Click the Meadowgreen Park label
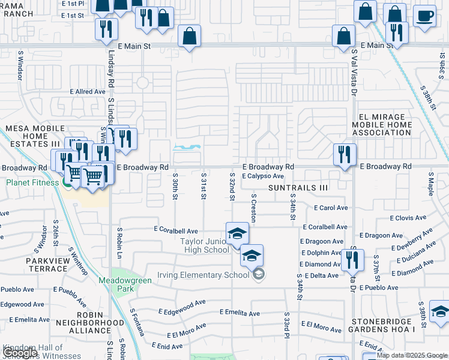[116, 284]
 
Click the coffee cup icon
[424, 16]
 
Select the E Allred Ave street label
[88, 91]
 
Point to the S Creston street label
[254, 208]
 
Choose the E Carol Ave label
[331, 208]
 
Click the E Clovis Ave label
[408, 218]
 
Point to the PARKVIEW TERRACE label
[46, 265]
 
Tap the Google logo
[20, 353]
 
